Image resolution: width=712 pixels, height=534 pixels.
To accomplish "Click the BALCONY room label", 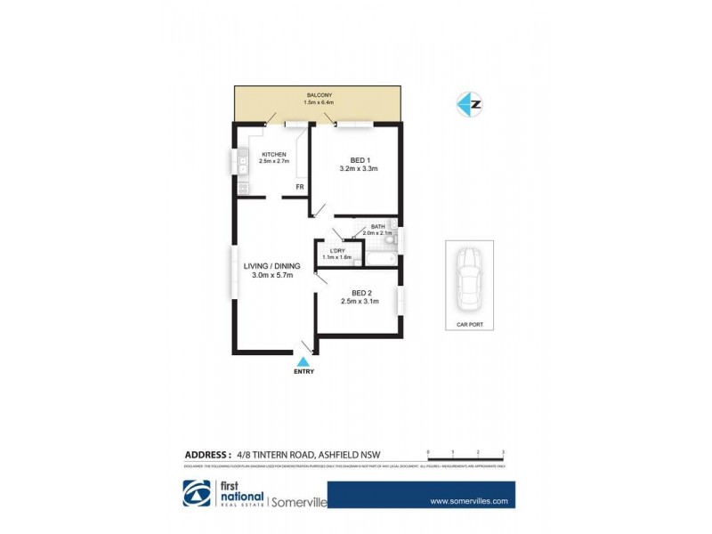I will tap(320, 94).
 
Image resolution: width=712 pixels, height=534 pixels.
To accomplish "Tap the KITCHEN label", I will tap(273, 154).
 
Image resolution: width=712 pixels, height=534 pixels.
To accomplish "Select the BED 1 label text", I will tap(359, 159).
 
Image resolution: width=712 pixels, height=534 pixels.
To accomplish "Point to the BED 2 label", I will tap(360, 293).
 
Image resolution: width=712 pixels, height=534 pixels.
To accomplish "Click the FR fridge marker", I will tap(301, 188).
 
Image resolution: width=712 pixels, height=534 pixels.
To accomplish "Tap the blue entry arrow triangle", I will tap(303, 361).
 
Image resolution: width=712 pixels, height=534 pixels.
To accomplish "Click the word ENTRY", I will tap(303, 372).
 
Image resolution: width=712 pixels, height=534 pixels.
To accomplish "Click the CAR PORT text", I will tap(468, 325).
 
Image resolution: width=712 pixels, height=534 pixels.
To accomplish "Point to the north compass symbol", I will tap(469, 104).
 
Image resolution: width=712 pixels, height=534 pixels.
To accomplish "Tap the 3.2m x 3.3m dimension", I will tap(360, 169).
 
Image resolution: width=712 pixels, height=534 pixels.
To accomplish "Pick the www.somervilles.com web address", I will tap(468, 501).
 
